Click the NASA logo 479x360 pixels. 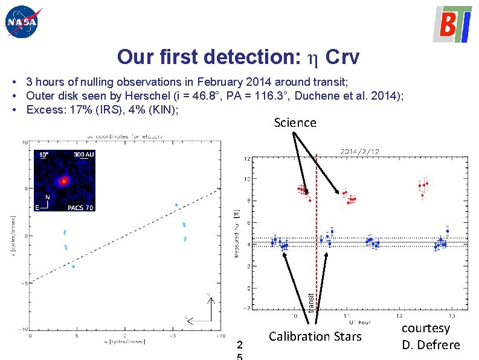(x=21, y=22)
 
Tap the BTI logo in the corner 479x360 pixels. (x=452, y=24)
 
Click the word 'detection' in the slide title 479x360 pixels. (x=252, y=57)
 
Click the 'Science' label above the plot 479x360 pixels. (x=295, y=123)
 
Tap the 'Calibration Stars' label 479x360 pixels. (x=315, y=336)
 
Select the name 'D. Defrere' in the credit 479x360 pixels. (x=431, y=345)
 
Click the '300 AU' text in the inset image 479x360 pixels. (x=84, y=155)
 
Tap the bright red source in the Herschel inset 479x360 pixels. (x=63, y=181)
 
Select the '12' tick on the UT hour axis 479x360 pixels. (x=399, y=315)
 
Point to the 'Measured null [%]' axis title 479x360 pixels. (x=236, y=233)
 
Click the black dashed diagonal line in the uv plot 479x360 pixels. (x=121, y=235)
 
